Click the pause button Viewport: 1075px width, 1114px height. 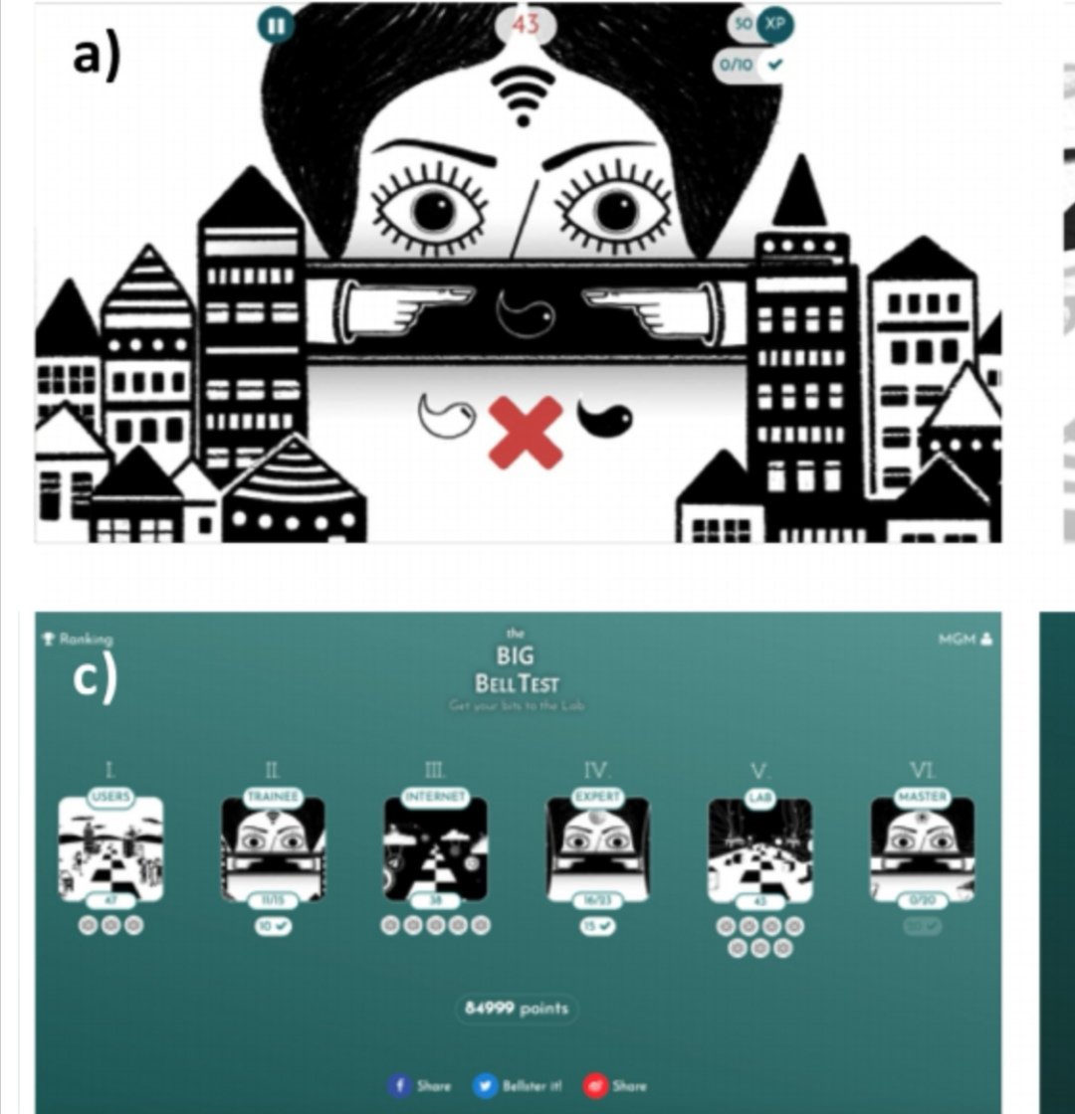pos(276,26)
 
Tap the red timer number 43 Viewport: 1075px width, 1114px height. pos(525,23)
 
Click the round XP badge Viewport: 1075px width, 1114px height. pos(775,25)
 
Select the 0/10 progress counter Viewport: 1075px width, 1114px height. pos(737,65)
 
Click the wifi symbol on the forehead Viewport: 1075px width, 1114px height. pos(524,94)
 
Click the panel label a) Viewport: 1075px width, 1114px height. pos(97,56)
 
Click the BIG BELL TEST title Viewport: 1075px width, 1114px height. pos(516,669)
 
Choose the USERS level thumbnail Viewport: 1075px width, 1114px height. pos(110,848)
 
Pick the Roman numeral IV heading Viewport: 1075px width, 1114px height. pos(596,770)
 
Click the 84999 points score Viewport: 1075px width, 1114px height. pos(516,1009)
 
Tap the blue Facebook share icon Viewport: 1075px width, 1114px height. pos(400,1086)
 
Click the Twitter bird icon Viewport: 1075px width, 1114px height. pos(486,1086)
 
